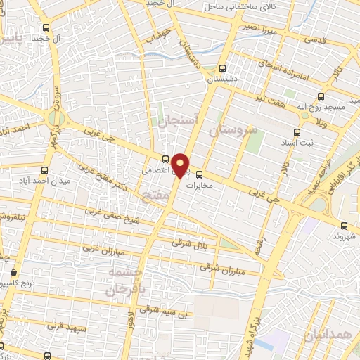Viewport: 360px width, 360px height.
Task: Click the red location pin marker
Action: (181, 165)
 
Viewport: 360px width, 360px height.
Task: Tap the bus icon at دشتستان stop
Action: (223, 68)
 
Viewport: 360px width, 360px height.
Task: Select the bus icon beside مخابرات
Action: (199, 174)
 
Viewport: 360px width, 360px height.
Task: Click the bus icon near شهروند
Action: (344, 226)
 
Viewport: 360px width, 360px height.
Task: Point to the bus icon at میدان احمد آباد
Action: (45, 170)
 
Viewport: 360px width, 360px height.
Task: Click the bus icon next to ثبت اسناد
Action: (297, 131)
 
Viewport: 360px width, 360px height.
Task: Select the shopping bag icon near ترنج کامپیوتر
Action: (14, 271)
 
